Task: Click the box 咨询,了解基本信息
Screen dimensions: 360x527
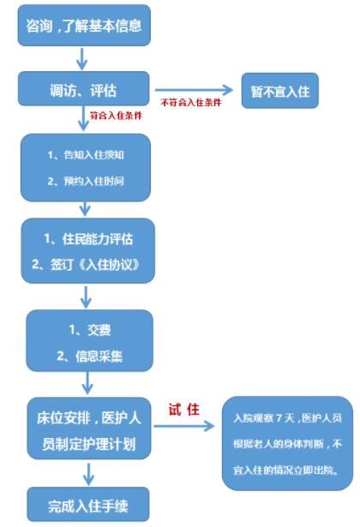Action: [x=84, y=25]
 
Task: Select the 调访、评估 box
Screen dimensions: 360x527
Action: [x=83, y=89]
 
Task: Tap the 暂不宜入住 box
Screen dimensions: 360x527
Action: [x=280, y=91]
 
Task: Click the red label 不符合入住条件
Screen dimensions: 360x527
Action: [x=191, y=102]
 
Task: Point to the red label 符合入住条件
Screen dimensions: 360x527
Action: [x=116, y=116]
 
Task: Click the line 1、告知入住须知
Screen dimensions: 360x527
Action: [x=86, y=155]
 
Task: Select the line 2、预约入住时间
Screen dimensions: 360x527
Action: [x=86, y=181]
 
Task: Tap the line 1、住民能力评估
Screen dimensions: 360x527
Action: [x=88, y=239]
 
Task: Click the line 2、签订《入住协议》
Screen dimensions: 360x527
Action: [x=86, y=265]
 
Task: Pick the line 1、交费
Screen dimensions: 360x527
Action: [x=90, y=330]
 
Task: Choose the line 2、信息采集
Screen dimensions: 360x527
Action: [x=90, y=356]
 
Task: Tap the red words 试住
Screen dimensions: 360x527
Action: [x=184, y=410]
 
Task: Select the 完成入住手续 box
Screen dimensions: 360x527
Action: [x=88, y=504]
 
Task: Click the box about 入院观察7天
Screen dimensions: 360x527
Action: [x=287, y=443]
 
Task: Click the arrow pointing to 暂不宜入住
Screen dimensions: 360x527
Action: [x=194, y=90]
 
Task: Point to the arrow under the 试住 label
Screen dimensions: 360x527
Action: [x=184, y=426]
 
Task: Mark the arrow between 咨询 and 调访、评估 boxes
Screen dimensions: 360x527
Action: [x=82, y=59]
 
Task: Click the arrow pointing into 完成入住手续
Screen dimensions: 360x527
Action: [x=88, y=474]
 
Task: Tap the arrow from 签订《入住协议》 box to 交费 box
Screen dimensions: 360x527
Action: [x=86, y=297]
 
